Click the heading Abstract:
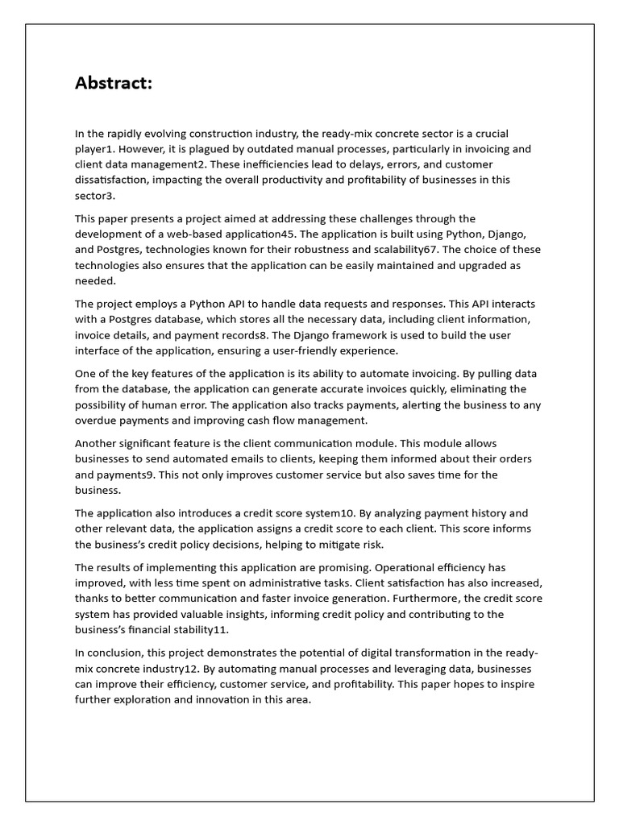[114, 83]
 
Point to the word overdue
[98, 421]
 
